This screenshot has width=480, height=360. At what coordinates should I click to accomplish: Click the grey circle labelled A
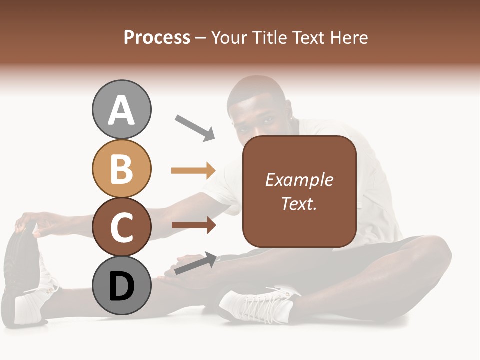(121, 109)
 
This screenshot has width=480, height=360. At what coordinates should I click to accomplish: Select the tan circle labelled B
(121, 168)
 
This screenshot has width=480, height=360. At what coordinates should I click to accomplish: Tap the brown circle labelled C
(121, 227)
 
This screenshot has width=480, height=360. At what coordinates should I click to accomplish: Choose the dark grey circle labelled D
(121, 286)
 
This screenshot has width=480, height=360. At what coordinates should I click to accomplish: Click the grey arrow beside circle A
(195, 128)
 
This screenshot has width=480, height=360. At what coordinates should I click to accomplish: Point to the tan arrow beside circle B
(193, 170)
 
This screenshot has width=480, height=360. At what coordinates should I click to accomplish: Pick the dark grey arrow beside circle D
(195, 264)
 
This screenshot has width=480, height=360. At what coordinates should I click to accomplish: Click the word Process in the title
(157, 37)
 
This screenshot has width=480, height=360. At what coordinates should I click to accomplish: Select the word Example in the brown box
(299, 180)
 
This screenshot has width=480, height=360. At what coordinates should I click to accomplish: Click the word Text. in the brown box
(299, 203)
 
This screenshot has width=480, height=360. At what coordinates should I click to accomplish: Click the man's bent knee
(430, 255)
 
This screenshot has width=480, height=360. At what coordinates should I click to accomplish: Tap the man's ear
(289, 107)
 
